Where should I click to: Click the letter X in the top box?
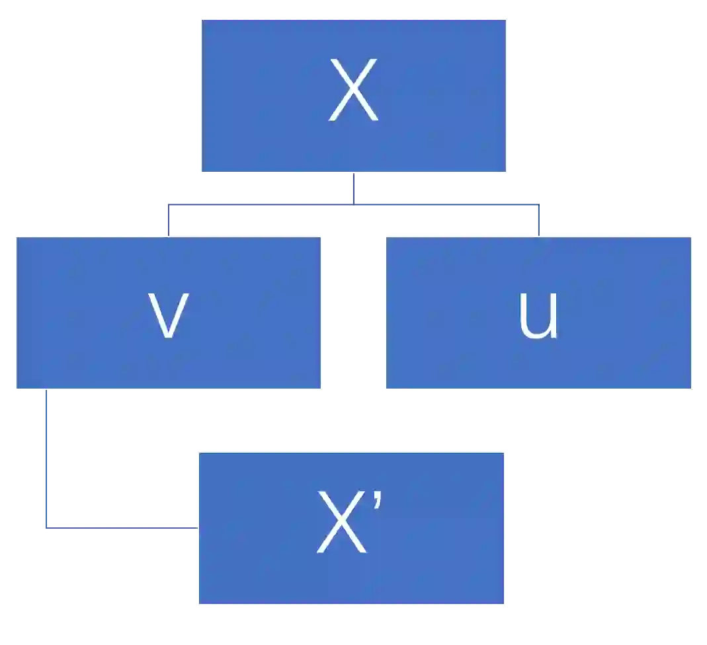click(x=353, y=91)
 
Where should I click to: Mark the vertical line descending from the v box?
click(x=45, y=456)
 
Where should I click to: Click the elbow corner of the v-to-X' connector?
click(x=45, y=528)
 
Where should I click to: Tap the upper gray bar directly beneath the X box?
click(x=526, y=188)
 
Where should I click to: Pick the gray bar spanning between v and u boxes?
click(x=351, y=218)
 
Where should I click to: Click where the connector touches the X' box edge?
click(x=197, y=528)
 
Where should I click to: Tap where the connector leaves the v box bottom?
click(x=45, y=391)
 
